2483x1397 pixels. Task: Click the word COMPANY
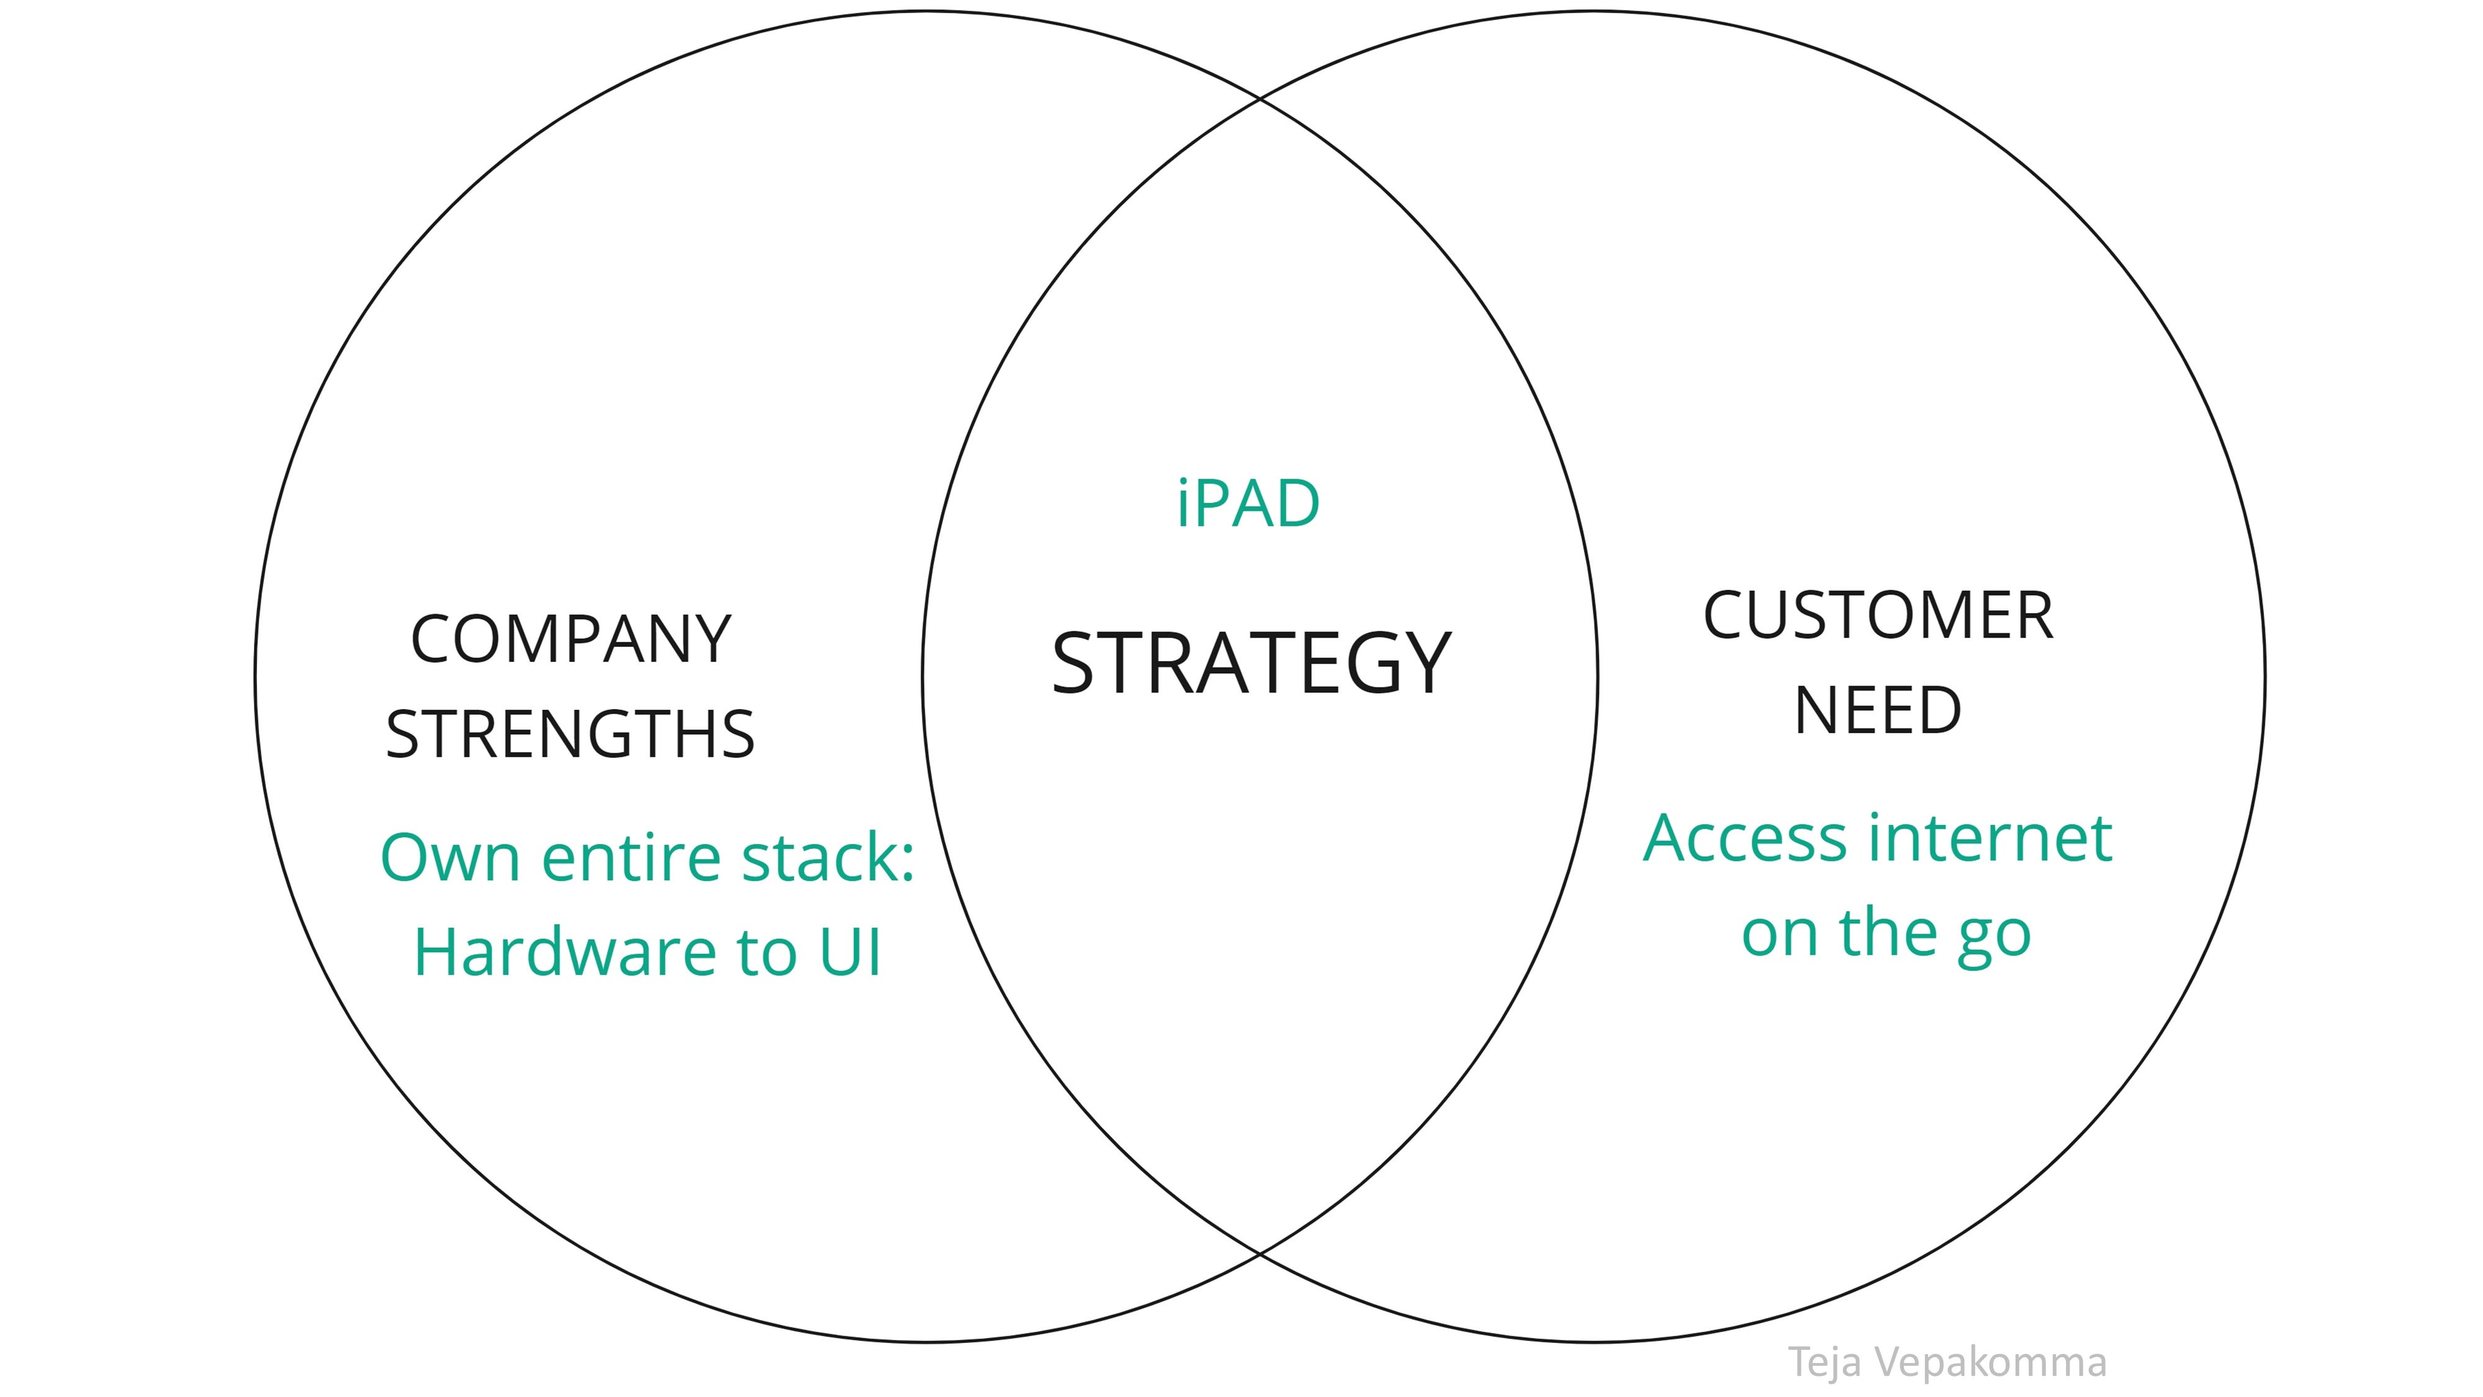(x=570, y=640)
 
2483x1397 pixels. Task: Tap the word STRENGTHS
(x=570, y=735)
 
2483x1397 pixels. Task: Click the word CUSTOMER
(x=1878, y=616)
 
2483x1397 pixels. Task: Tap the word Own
(x=450, y=857)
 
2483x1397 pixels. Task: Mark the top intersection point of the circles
(x=1260, y=98)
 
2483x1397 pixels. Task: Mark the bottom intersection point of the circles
(x=1260, y=1254)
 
